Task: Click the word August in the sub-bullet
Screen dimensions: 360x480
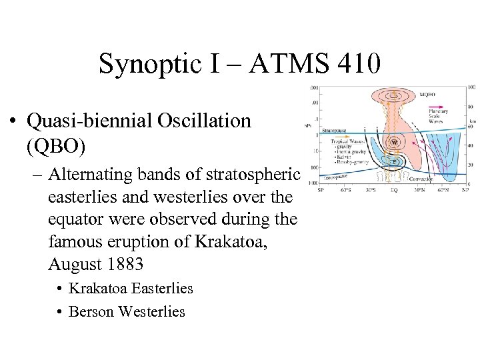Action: coord(71,264)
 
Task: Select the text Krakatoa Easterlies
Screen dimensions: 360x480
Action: coord(131,289)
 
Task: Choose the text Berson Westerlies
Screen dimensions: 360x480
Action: coord(127,311)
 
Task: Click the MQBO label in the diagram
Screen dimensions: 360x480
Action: coord(427,95)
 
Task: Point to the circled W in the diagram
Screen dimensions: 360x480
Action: coord(395,143)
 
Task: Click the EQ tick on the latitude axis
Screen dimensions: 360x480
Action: coord(395,189)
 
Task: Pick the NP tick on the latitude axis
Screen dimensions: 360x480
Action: coord(465,189)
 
